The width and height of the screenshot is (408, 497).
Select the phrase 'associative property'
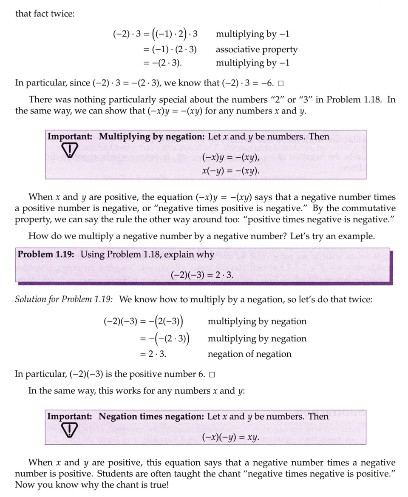(x=256, y=50)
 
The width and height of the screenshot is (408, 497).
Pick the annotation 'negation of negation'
(x=249, y=354)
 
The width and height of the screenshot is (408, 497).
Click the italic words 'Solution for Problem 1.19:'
(x=64, y=299)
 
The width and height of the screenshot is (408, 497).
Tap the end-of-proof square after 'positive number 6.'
(x=212, y=375)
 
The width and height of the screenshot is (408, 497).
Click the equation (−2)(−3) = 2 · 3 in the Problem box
(x=202, y=275)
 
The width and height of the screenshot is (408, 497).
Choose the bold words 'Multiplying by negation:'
(x=152, y=137)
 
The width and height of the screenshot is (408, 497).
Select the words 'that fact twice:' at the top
(x=45, y=14)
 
